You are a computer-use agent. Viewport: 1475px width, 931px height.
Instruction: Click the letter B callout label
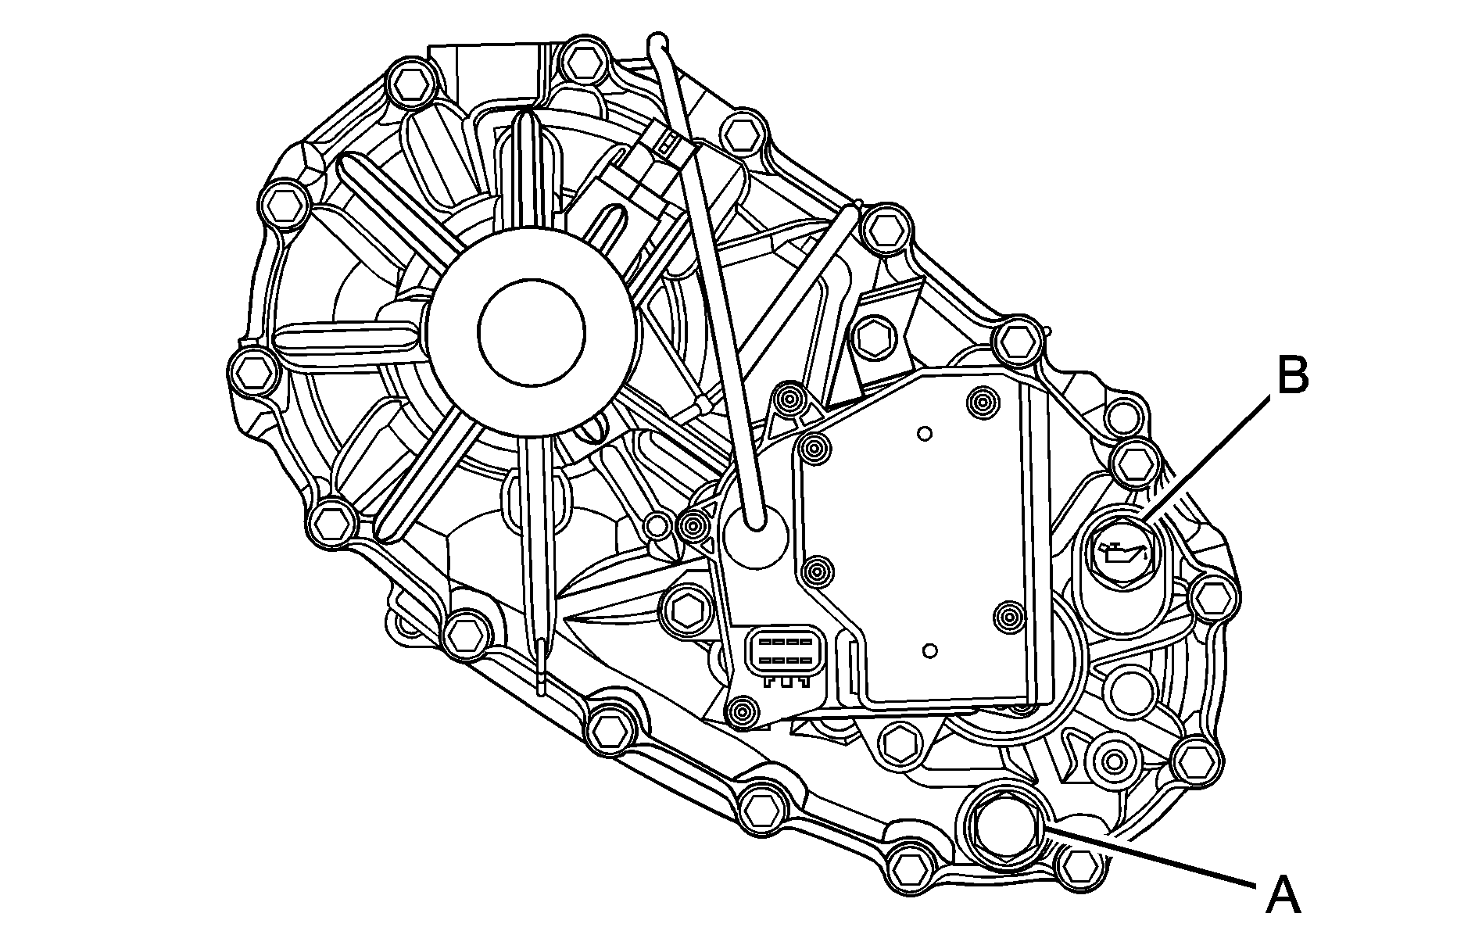(x=1291, y=377)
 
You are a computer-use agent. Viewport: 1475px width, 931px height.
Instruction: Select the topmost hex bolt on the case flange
(x=582, y=59)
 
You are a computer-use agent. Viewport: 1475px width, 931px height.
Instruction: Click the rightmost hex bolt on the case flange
(x=1212, y=599)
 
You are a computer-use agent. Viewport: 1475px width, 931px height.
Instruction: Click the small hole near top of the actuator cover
(x=925, y=432)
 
